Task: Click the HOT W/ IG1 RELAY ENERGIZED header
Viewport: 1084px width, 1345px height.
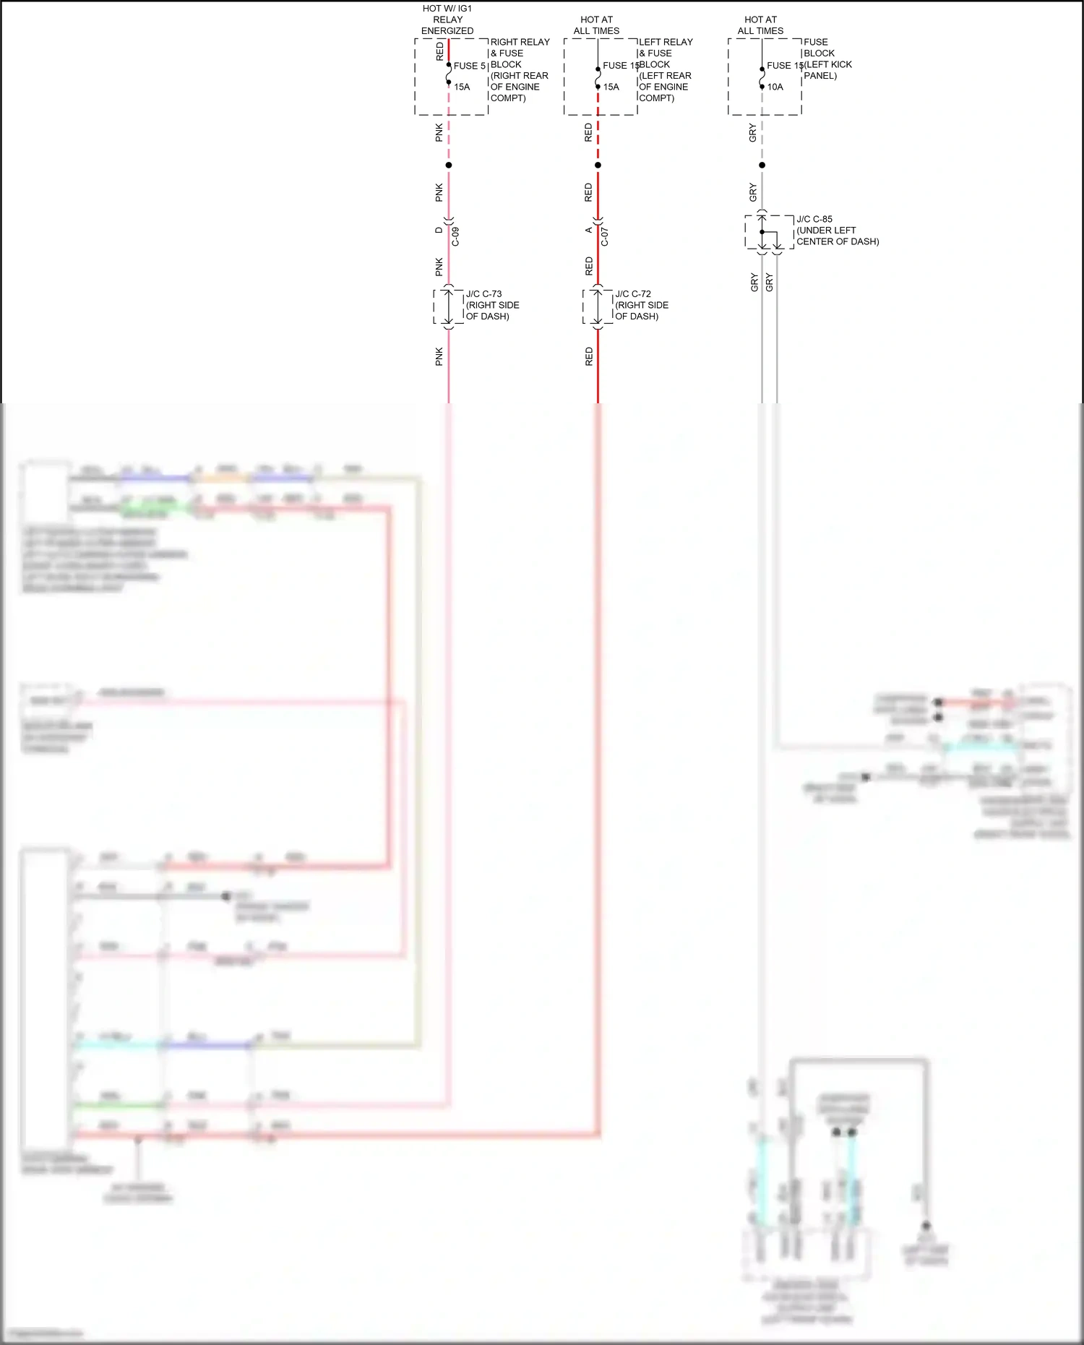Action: pos(447,20)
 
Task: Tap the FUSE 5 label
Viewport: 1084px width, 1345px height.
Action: pos(469,66)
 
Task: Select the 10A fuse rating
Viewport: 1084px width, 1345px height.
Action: pos(775,87)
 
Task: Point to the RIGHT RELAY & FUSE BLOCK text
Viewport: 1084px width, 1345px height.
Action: pos(520,69)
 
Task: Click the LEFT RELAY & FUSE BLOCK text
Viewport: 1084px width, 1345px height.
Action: pos(665,69)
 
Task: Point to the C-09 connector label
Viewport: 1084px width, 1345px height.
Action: pos(455,236)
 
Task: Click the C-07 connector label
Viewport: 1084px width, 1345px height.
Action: pos(605,236)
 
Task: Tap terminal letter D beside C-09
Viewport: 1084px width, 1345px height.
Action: pos(439,231)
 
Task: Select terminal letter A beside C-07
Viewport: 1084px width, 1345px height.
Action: pos(588,231)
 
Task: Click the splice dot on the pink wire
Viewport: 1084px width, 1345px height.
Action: pos(449,166)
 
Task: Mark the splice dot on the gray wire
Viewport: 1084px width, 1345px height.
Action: pos(762,166)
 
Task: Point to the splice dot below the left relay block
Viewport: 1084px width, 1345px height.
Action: pos(598,166)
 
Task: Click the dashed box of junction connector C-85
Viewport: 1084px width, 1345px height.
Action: pos(769,232)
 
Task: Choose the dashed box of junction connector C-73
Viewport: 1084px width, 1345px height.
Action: pos(448,306)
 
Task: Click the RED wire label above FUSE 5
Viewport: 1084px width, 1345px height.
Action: pos(439,51)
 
